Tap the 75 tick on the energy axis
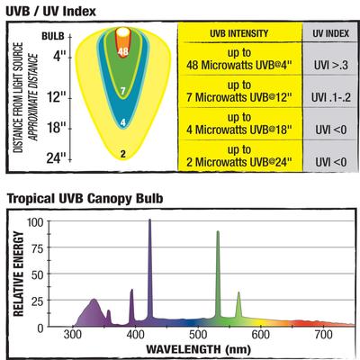pos(36,247)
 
